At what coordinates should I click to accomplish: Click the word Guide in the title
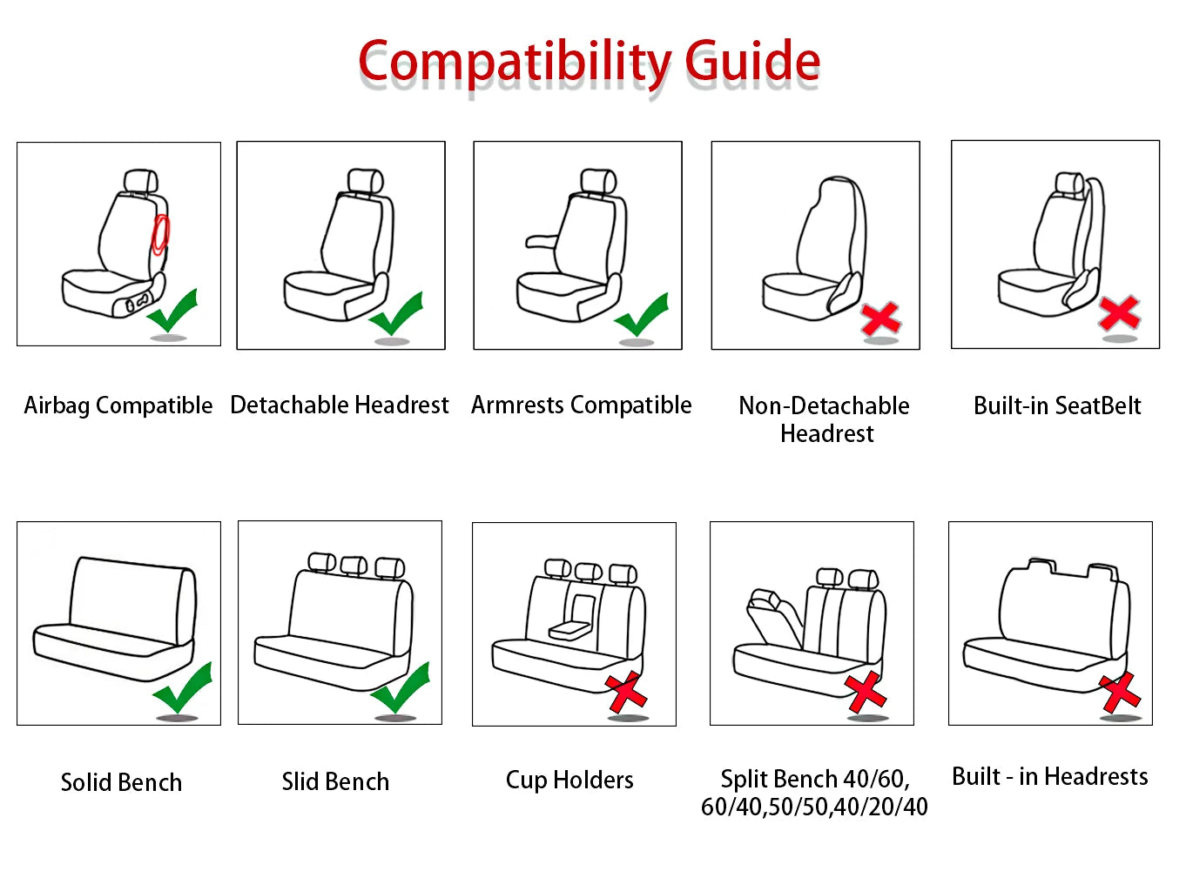pos(752,62)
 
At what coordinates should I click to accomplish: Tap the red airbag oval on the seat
pos(160,234)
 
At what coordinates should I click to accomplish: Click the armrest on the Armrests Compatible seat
pos(541,241)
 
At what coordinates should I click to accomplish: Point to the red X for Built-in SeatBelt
pos(1119,312)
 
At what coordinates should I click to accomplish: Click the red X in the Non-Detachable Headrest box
pos(880,319)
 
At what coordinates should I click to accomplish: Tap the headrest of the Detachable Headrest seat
pos(366,181)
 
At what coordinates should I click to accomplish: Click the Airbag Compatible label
pos(118,405)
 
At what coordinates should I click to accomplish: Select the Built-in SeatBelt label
pos(1057,405)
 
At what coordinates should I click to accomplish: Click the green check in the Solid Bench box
pos(183,688)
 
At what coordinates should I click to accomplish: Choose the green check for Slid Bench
pos(401,687)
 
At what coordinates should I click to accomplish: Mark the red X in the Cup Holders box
pos(626,692)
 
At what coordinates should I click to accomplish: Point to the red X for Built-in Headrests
pos(1120,692)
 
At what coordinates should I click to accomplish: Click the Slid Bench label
pos(335,781)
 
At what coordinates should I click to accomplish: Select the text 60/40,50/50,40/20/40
pos(814,807)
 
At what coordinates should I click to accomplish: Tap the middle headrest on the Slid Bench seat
pos(354,566)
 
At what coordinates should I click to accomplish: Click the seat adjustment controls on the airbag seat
pos(137,304)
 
